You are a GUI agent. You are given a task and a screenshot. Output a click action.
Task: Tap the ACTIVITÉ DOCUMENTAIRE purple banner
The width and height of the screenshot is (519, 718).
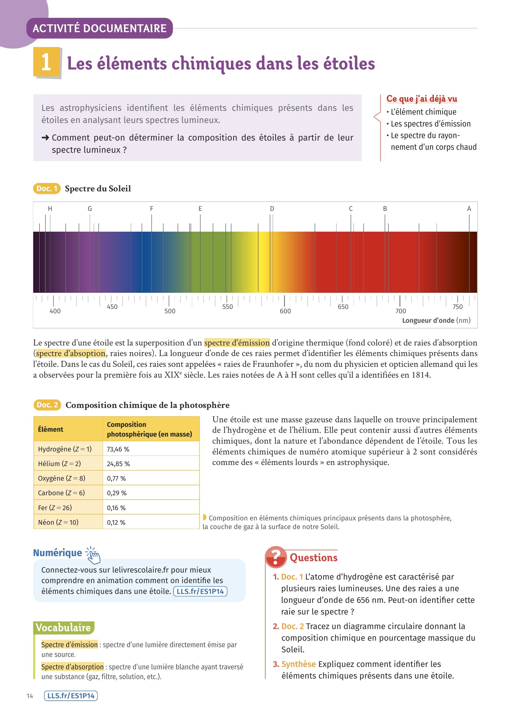click(99, 28)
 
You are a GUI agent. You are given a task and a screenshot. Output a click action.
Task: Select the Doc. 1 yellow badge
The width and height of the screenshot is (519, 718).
click(46, 189)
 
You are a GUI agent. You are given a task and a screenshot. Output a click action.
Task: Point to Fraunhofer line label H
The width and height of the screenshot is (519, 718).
click(50, 209)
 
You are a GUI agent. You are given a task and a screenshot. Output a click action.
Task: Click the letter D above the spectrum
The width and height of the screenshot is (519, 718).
click(272, 209)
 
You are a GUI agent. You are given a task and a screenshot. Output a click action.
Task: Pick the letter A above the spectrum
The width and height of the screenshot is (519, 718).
click(469, 209)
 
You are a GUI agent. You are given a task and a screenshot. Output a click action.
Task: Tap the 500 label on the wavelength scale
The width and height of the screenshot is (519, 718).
click(170, 311)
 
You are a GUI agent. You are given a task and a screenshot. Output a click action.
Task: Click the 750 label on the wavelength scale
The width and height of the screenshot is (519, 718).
click(457, 307)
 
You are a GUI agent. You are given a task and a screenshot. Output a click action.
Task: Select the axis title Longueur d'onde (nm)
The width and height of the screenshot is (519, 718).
click(436, 320)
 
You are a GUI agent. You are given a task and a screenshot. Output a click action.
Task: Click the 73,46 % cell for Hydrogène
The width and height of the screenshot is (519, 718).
click(118, 449)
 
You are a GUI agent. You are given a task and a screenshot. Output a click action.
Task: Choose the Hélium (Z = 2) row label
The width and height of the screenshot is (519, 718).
click(59, 464)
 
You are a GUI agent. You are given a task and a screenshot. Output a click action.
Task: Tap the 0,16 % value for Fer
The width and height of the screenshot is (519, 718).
click(116, 508)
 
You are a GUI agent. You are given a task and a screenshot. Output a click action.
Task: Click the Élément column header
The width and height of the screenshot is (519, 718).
click(51, 429)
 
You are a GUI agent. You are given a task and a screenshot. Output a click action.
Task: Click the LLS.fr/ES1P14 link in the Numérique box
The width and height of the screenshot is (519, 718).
click(200, 591)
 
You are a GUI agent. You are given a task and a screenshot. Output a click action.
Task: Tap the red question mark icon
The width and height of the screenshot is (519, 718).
click(276, 557)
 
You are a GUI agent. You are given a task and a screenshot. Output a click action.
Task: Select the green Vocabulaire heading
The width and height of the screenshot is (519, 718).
click(63, 627)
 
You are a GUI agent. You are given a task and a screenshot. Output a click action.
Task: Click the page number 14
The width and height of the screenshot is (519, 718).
click(30, 696)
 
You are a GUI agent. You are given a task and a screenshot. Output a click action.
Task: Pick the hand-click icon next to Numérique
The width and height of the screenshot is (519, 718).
click(93, 555)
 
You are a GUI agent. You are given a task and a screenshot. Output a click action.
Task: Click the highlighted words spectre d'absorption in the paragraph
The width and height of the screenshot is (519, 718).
click(71, 353)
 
